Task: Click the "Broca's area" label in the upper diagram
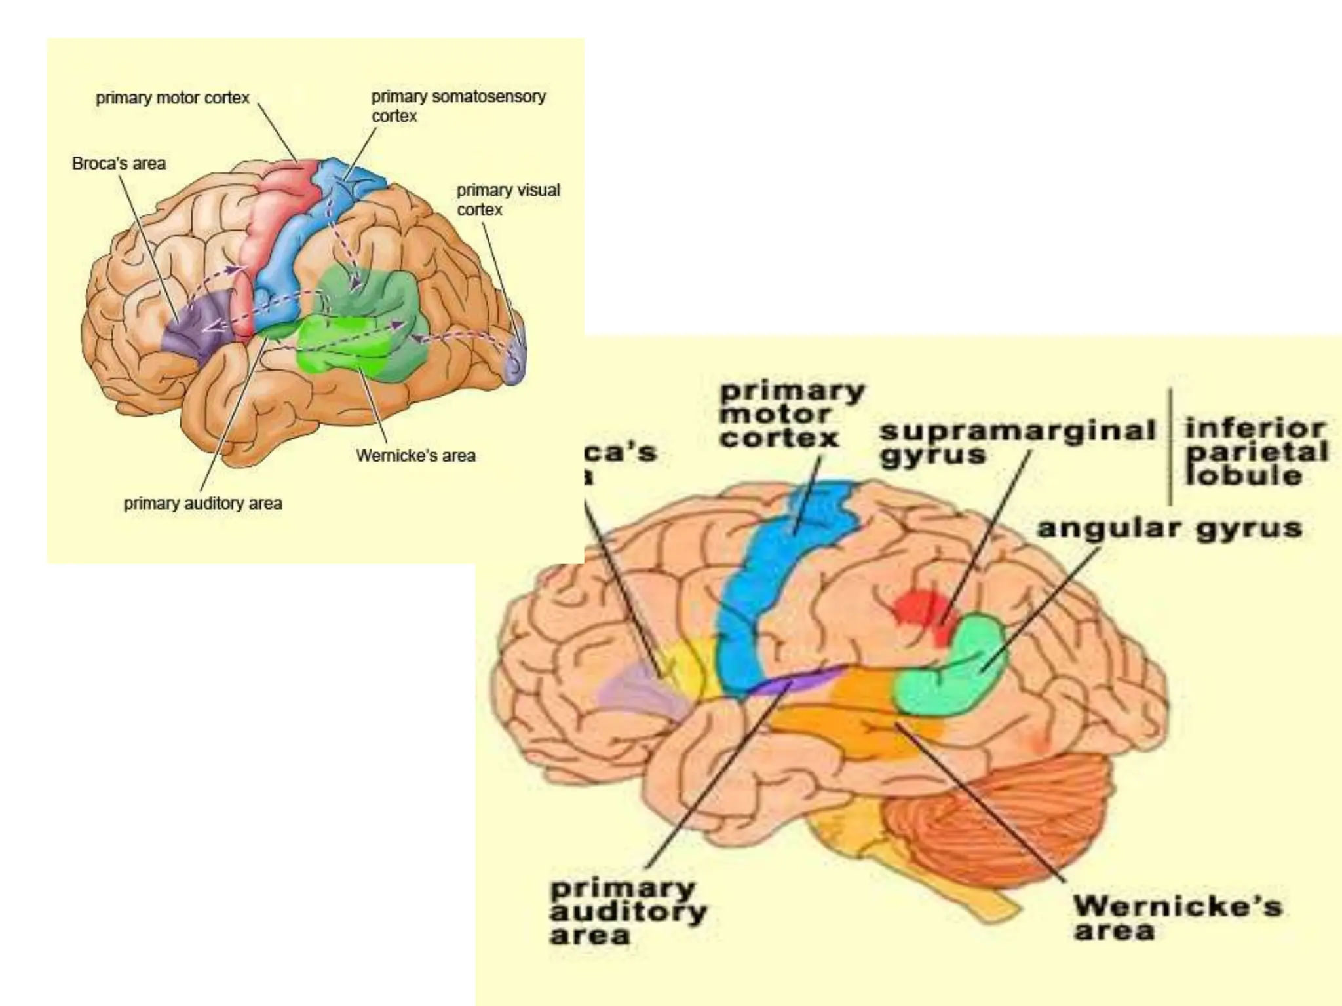(x=119, y=164)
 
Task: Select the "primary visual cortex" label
(x=508, y=200)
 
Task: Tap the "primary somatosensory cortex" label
(x=458, y=106)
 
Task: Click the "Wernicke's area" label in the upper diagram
(x=415, y=456)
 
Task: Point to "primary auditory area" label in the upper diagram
(x=203, y=504)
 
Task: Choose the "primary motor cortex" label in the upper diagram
(x=172, y=98)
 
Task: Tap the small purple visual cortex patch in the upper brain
(x=516, y=360)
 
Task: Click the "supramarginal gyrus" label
(x=1016, y=442)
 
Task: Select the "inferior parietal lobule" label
(x=1255, y=452)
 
